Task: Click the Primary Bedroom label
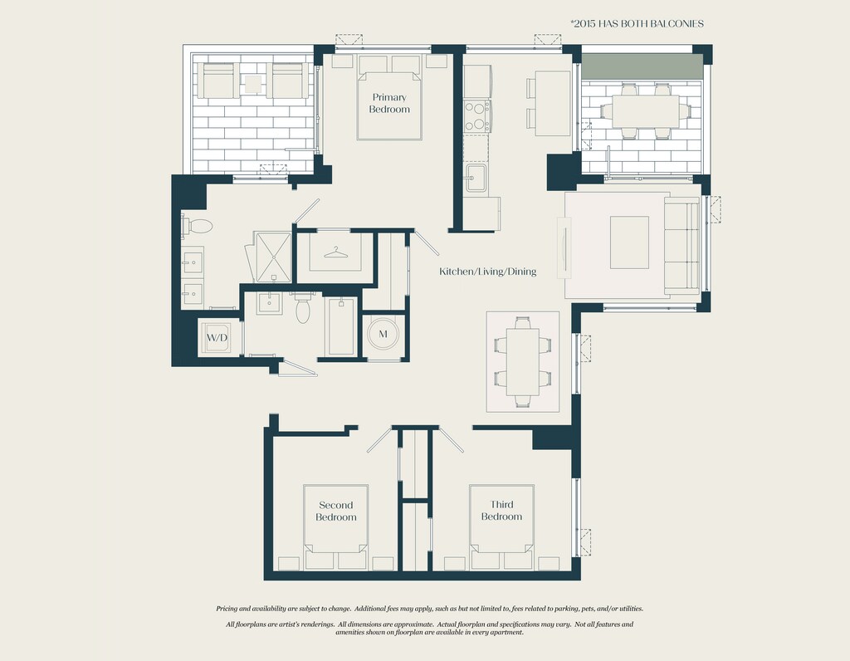tap(389, 103)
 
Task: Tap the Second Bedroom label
tap(336, 512)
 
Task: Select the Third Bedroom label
tap(501, 511)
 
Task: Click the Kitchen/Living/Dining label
tap(488, 271)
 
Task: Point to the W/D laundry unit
tap(217, 337)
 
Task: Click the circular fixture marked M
tap(383, 334)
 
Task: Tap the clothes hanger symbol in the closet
tap(335, 252)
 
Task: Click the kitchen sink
tap(476, 178)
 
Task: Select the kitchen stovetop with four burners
tap(476, 116)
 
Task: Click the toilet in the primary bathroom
tap(198, 226)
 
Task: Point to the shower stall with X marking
tap(273, 257)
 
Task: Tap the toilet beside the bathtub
tap(302, 307)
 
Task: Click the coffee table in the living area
tap(629, 242)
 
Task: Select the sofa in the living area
tap(682, 246)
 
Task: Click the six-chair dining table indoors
tap(523, 362)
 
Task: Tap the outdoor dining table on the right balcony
tap(645, 111)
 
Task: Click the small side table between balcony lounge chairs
tap(252, 84)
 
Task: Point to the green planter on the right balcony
tap(642, 66)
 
